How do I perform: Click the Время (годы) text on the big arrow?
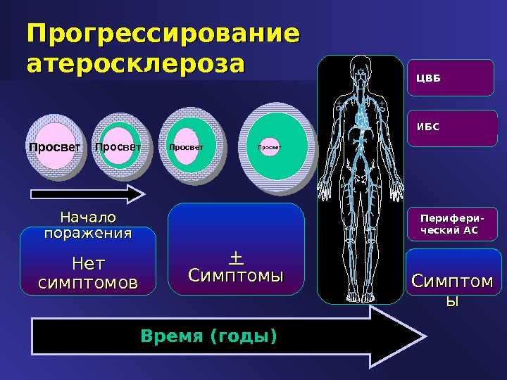point(209,336)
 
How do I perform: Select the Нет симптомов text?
point(87,274)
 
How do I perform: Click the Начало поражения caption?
point(87,224)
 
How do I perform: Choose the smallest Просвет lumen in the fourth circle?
point(269,148)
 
